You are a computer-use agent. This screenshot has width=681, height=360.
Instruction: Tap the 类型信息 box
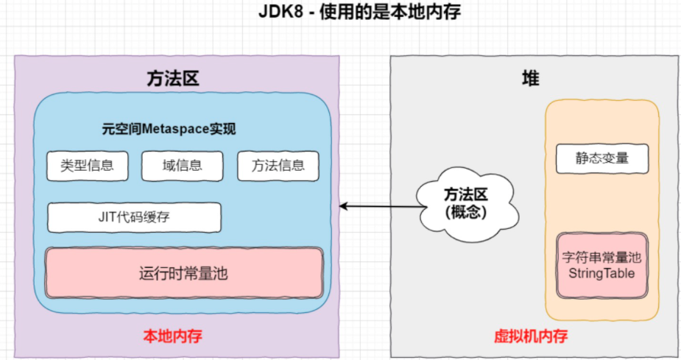pos(87,166)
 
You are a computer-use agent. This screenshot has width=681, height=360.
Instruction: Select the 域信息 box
pos(182,166)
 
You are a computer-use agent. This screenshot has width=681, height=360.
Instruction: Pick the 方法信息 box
pos(278,166)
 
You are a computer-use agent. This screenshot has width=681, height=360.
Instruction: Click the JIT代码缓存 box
pos(134,217)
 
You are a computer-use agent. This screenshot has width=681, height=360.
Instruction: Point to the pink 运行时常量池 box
pos(183,273)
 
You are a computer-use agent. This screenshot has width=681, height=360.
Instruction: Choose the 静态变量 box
pos(601,158)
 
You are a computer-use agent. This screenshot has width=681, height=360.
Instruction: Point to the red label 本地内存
pos(172,336)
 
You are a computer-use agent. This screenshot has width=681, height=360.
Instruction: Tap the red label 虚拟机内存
pos(530,336)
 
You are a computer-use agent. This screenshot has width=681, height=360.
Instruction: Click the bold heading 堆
pos(530,79)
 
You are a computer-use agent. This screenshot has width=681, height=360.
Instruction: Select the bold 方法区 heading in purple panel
pos(173,79)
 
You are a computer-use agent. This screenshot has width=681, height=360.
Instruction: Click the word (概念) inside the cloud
pos(465,211)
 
